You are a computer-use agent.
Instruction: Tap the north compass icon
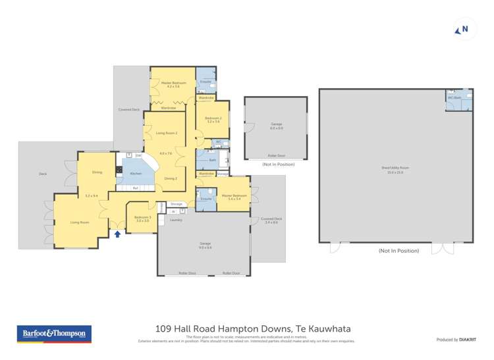pyautogui.click(x=462, y=30)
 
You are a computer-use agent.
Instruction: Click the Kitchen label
pyautogui.click(x=136, y=173)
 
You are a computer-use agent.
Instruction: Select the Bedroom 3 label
pyautogui.click(x=143, y=217)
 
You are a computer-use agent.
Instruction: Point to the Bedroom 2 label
pyautogui.click(x=213, y=118)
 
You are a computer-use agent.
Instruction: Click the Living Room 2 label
pyautogui.click(x=166, y=134)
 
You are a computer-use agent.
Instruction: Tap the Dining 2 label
pyautogui.click(x=170, y=178)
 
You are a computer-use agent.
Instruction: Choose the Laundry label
pyautogui.click(x=176, y=220)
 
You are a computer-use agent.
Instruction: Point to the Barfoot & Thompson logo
pyautogui.click(x=54, y=334)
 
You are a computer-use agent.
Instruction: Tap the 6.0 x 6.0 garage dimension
pyautogui.click(x=276, y=128)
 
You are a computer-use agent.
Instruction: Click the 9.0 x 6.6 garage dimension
pyautogui.click(x=205, y=247)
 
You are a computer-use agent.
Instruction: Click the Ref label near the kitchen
pyautogui.click(x=135, y=188)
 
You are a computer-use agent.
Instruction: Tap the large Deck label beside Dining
pyautogui.click(x=43, y=174)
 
